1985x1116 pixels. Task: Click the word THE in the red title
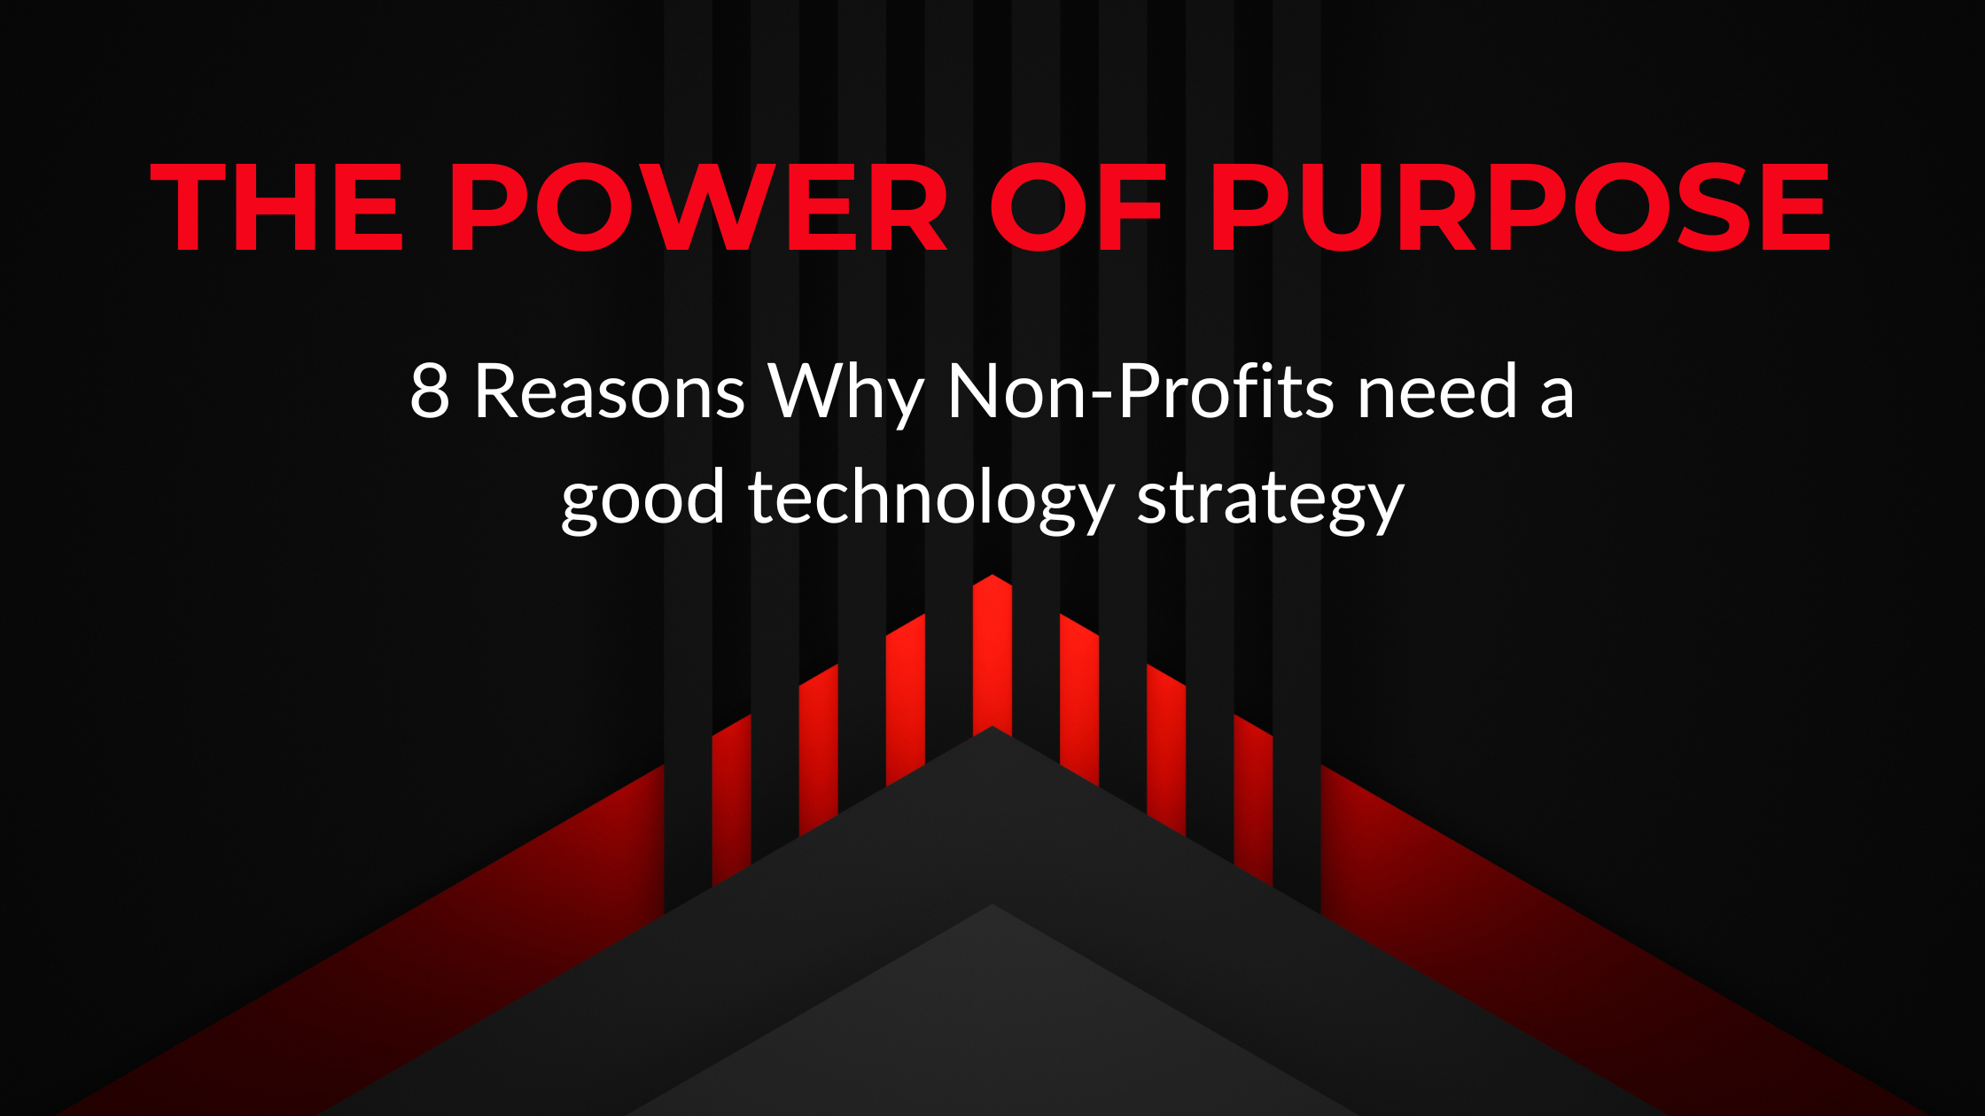[x=276, y=206]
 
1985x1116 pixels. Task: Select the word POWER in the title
[x=699, y=206]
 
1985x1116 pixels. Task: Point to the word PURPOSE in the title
[x=1521, y=206]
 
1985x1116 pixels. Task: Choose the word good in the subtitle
[x=643, y=500]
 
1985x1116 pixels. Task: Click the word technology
[x=930, y=500]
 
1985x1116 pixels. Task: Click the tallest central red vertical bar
[x=992, y=655]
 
